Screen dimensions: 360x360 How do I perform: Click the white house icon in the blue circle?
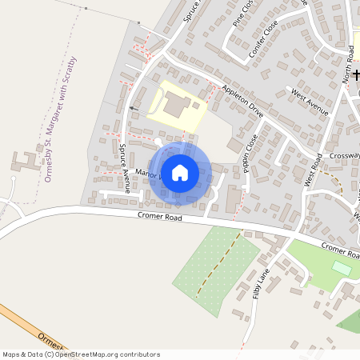179,172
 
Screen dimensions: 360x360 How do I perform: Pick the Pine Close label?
242,14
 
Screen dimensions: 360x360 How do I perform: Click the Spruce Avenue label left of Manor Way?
124,169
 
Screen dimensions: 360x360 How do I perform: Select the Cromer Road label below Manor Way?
159,217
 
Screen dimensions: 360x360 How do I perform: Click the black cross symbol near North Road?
356,75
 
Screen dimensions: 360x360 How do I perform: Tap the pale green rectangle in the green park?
342,267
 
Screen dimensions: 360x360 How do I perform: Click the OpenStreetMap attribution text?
81,354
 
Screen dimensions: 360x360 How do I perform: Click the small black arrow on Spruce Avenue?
131,107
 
